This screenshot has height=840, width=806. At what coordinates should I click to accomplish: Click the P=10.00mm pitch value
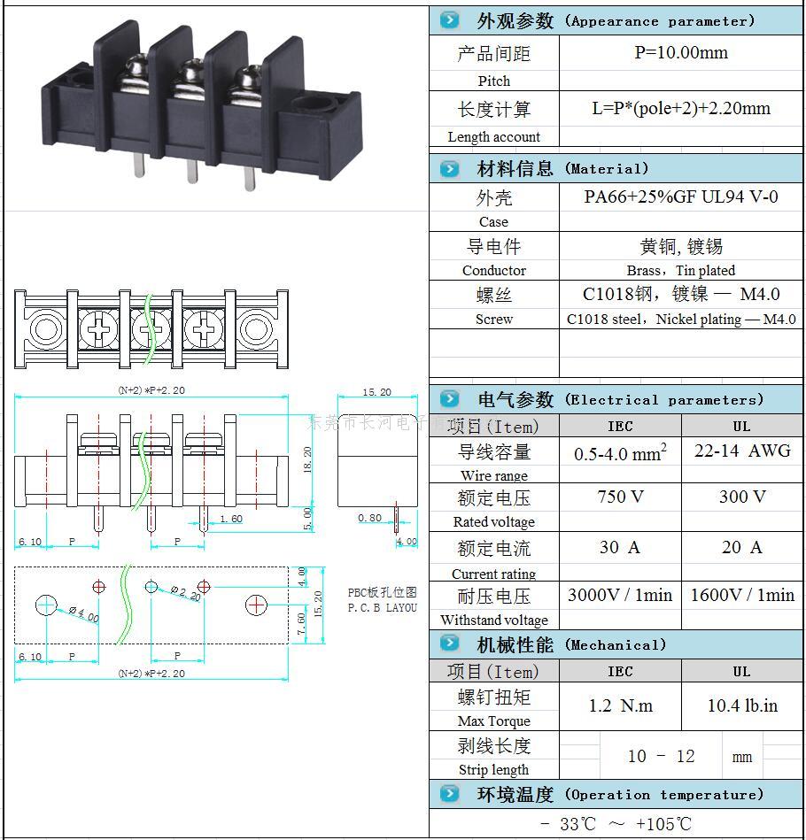coord(680,53)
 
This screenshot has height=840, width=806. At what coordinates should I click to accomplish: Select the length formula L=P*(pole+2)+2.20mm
coord(680,109)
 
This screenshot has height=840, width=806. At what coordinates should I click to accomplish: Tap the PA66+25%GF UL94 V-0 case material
coord(680,197)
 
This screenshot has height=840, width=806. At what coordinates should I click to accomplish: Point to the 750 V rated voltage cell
coord(620,497)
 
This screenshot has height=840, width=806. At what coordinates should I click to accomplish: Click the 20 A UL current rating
coord(741,547)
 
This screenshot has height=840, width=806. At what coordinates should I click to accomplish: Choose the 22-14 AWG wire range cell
coord(741,451)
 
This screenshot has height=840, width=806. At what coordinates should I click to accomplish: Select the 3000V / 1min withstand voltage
coord(620,595)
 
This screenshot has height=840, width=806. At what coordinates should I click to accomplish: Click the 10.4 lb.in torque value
coord(741,705)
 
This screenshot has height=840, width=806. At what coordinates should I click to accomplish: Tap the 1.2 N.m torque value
coord(620,705)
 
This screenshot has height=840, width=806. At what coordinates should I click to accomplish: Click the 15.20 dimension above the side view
coord(376,392)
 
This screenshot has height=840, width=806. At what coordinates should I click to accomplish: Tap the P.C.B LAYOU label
coord(382,608)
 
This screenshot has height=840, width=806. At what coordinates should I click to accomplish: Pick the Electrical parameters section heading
coord(620,399)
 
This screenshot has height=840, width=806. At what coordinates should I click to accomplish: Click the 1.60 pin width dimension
coord(230,519)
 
